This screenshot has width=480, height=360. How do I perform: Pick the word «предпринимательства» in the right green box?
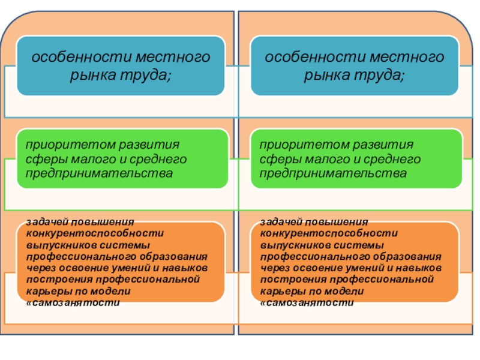[x=332, y=173]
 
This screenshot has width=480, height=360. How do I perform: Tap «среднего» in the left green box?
[x=159, y=159]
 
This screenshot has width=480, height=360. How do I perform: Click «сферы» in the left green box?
[x=43, y=159]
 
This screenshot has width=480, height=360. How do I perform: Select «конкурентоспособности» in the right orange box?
[x=331, y=233]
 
